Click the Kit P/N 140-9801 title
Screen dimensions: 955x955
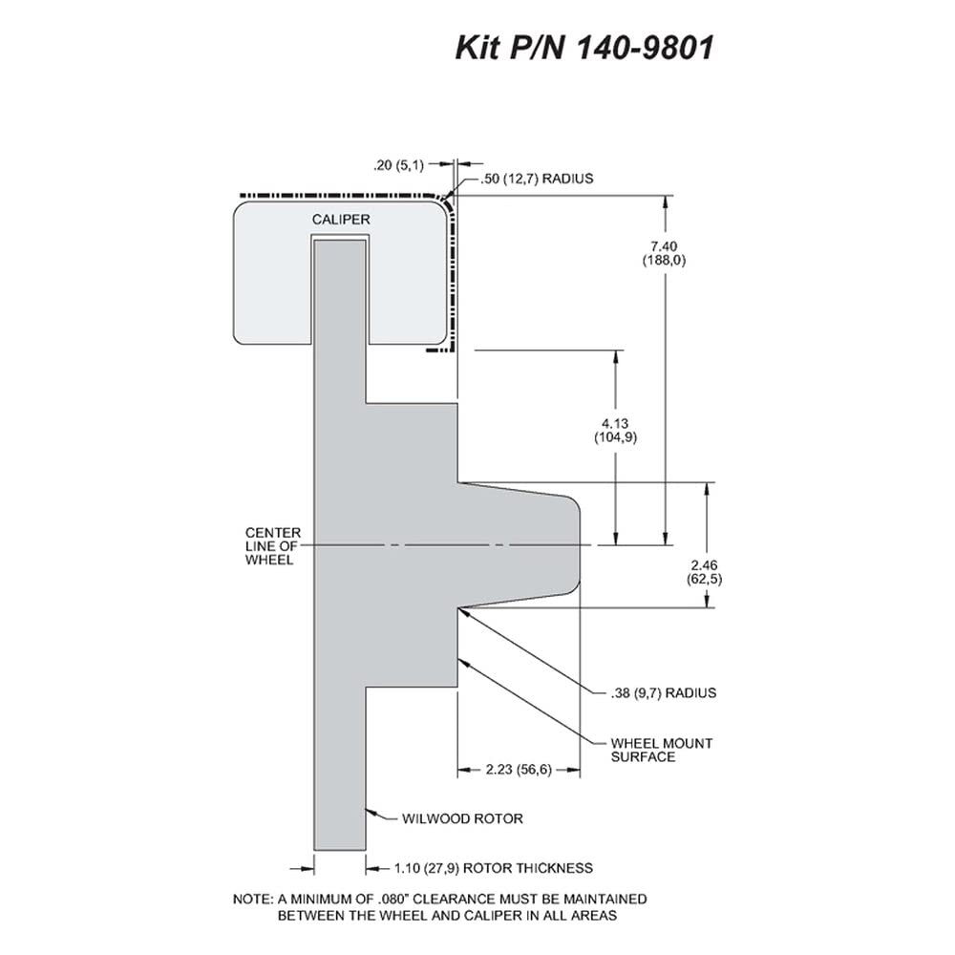(x=584, y=48)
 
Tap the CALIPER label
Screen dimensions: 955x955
(x=341, y=220)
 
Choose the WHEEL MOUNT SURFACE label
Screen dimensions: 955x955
(x=662, y=750)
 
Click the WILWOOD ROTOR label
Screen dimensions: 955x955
(x=462, y=818)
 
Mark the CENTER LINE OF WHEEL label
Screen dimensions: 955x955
(x=272, y=545)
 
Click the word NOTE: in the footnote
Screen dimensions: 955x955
(x=253, y=899)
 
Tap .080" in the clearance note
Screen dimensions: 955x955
(x=393, y=899)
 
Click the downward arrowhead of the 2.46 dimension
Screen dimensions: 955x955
(x=707, y=601)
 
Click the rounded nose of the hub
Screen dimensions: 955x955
(x=576, y=545)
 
